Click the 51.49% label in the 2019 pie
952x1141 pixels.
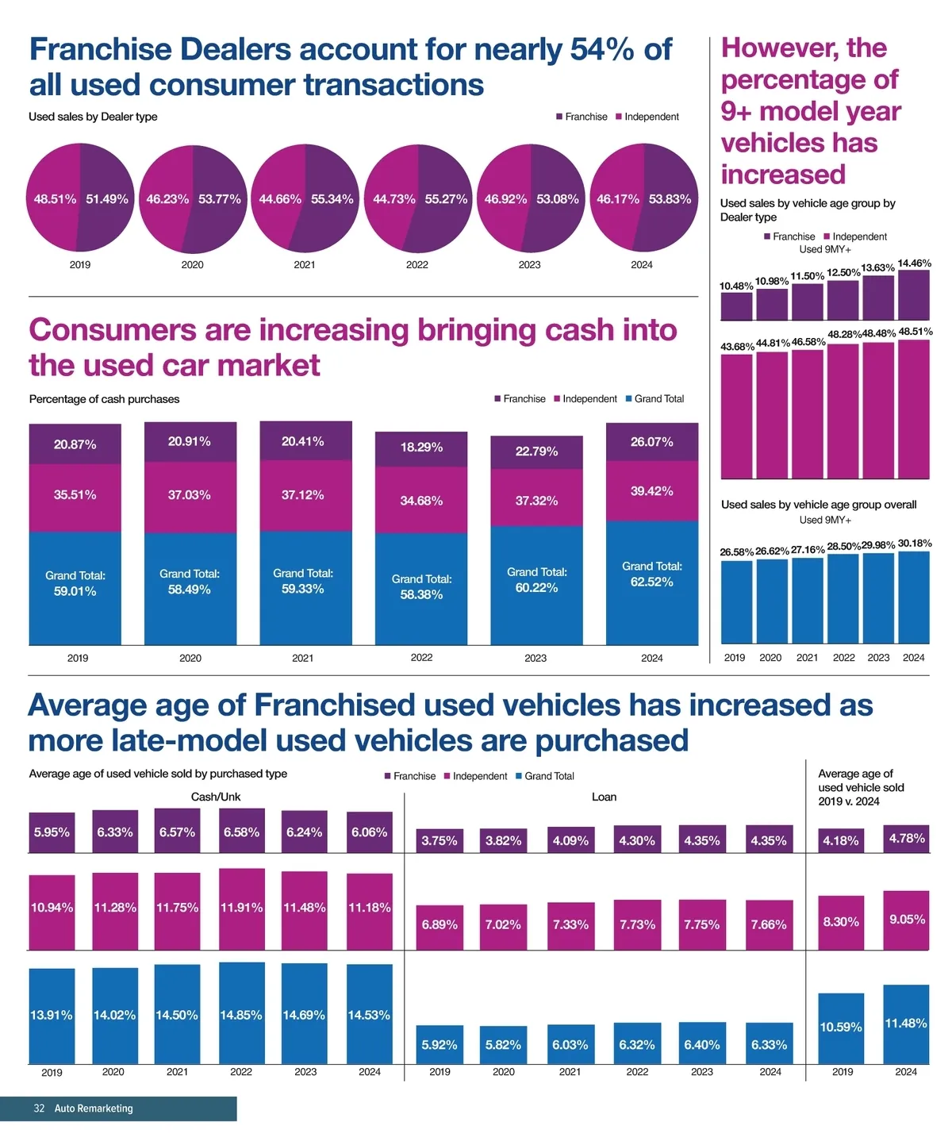[x=107, y=199]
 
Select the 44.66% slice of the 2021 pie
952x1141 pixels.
[x=279, y=199]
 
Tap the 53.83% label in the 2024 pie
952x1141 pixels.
[x=670, y=199]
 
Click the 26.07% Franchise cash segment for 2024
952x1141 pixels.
[x=652, y=442]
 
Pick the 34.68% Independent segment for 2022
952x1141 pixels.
[x=421, y=501]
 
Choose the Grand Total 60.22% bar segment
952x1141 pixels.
[x=536, y=585]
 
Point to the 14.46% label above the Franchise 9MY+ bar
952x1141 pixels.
[x=915, y=263]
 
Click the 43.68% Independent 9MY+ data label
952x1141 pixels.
[x=737, y=347]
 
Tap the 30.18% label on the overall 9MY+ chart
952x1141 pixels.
[x=915, y=544]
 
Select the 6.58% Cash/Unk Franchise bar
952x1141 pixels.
[x=241, y=832]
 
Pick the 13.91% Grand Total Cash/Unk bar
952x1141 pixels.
[x=52, y=1016]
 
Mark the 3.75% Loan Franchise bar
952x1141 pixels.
[x=439, y=841]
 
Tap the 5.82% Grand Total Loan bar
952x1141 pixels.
[x=503, y=1045]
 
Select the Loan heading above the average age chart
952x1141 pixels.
[x=604, y=797]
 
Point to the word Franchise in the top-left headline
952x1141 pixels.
[x=101, y=49]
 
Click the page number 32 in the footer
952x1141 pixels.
[x=39, y=1108]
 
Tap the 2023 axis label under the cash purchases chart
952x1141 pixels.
[x=535, y=658]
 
